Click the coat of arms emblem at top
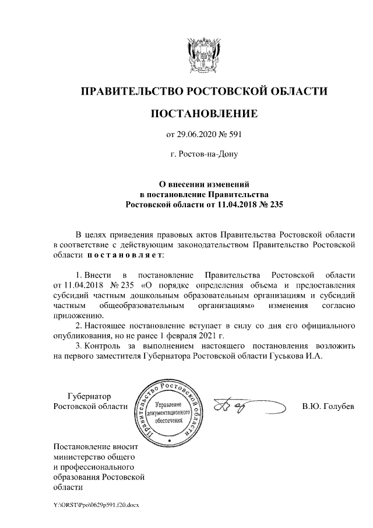pyautogui.click(x=203, y=55)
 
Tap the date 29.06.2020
pyautogui.click(x=197, y=135)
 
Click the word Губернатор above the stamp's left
pyautogui.click(x=89, y=395)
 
